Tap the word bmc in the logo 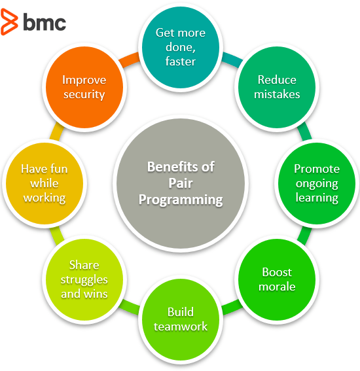(45, 22)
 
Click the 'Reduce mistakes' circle (277, 87)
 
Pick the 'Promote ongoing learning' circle (317, 183)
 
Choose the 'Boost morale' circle (277, 279)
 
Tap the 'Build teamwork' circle (180, 319)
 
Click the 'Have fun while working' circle (44, 183)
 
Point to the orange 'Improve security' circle (83, 87)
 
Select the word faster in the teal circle (180, 62)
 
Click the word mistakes (277, 94)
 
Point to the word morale (278, 287)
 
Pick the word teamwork (180, 327)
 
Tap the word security (84, 94)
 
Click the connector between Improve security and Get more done (130, 60)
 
